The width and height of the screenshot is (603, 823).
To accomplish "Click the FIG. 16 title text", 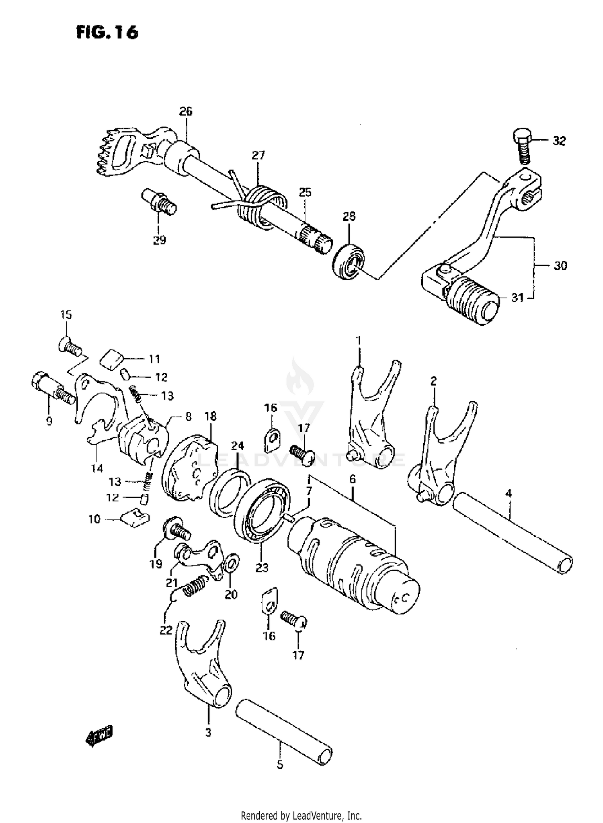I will click(107, 32).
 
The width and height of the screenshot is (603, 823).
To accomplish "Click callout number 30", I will click(560, 266).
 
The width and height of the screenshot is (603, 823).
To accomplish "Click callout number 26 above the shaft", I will click(186, 111).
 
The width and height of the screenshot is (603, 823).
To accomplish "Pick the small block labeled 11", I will click(111, 358).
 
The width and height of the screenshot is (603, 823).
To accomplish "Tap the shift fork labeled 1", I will click(372, 414).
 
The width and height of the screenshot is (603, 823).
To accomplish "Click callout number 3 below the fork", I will click(208, 733).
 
